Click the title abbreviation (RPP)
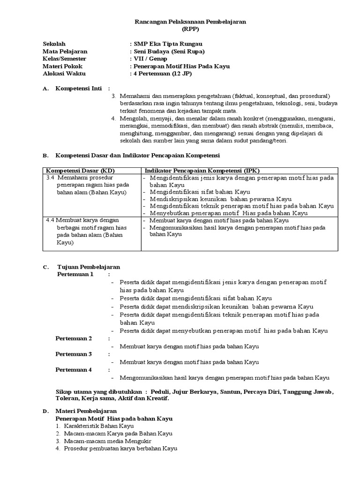click(190, 29)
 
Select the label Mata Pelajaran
click(65, 51)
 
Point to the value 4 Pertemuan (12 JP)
click(163, 74)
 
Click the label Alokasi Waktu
click(64, 74)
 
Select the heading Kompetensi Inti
click(79, 88)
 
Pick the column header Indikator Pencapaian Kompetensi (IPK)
click(205, 170)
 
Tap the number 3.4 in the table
click(51, 178)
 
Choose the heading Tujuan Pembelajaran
click(89, 267)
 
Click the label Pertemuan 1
click(75, 274)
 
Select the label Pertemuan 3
click(74, 354)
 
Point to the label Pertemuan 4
click(74, 369)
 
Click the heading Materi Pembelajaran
click(87, 411)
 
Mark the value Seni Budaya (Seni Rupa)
click(169, 51)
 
